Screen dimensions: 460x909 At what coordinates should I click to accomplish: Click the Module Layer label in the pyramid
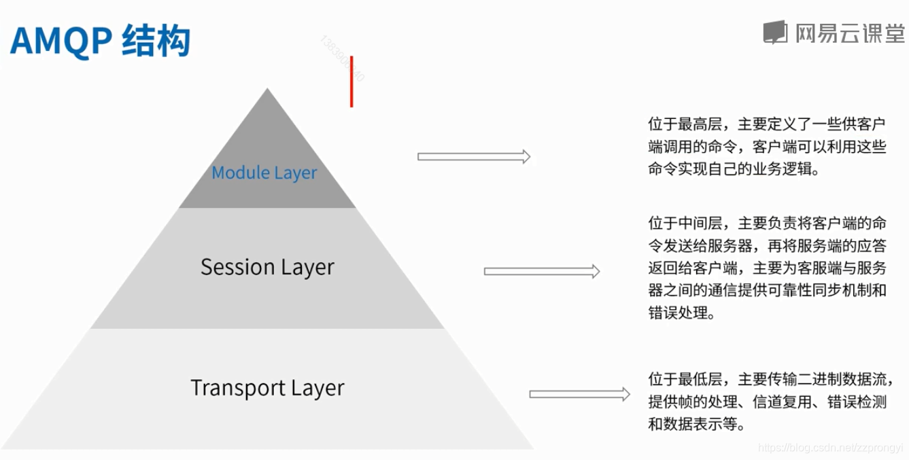tap(264, 173)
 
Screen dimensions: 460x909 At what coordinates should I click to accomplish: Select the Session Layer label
tap(267, 267)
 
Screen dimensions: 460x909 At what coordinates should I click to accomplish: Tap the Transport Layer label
tap(267, 388)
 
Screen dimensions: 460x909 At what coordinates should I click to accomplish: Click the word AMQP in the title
tap(60, 42)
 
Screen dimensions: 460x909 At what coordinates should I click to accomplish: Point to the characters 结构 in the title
tap(156, 42)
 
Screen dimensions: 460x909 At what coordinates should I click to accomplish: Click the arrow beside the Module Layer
tap(473, 157)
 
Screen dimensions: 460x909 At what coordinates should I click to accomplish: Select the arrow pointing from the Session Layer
tap(541, 272)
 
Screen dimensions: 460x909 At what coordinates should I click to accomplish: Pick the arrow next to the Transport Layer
tap(579, 394)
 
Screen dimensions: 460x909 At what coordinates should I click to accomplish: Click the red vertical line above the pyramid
tap(351, 81)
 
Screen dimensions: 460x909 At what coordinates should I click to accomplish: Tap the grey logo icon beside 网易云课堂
tap(775, 32)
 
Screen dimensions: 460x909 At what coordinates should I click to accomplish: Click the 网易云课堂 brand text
tap(851, 33)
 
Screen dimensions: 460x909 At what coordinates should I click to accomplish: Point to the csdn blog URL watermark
tap(829, 448)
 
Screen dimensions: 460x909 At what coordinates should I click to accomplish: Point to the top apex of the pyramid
tap(268, 89)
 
